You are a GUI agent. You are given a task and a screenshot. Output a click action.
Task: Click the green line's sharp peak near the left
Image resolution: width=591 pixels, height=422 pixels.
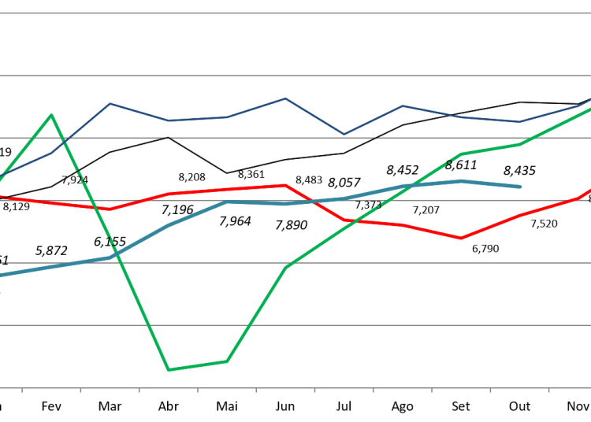(x=52, y=115)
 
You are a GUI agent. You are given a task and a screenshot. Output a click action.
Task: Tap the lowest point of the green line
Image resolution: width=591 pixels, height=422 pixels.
(x=169, y=369)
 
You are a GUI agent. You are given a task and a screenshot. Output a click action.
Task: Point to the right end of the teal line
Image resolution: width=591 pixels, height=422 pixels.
(x=521, y=187)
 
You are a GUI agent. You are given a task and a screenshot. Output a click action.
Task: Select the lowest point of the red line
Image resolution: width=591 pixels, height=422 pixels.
(x=462, y=238)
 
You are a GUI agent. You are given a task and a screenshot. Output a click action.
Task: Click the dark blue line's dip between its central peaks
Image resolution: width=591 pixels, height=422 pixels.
(x=344, y=134)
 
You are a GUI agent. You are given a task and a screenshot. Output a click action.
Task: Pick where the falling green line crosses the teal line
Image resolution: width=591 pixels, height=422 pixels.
(x=117, y=254)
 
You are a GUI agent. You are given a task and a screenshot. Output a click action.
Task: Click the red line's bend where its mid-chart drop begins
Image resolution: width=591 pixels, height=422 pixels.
(x=286, y=185)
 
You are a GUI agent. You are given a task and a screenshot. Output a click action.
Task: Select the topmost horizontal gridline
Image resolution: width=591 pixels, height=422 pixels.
(x=295, y=13)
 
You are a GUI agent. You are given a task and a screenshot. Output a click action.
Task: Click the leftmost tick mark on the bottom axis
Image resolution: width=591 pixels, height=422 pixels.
(x=22, y=390)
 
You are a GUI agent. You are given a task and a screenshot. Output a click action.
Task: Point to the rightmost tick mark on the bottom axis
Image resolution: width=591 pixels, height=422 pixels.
(x=548, y=390)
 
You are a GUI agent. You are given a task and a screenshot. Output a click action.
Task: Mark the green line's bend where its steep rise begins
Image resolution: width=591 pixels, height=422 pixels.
(x=227, y=361)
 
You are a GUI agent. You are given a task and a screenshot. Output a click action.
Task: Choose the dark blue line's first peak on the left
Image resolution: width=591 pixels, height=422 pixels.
(x=110, y=103)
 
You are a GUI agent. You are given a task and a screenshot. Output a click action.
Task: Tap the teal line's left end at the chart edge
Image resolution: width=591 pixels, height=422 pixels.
(x=2, y=275)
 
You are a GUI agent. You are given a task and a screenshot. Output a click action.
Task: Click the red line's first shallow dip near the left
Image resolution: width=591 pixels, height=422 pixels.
(x=110, y=209)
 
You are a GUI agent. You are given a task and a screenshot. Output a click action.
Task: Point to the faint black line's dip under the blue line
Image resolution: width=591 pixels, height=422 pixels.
(x=227, y=172)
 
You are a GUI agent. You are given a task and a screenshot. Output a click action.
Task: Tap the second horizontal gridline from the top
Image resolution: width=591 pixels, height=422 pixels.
(x=295, y=76)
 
